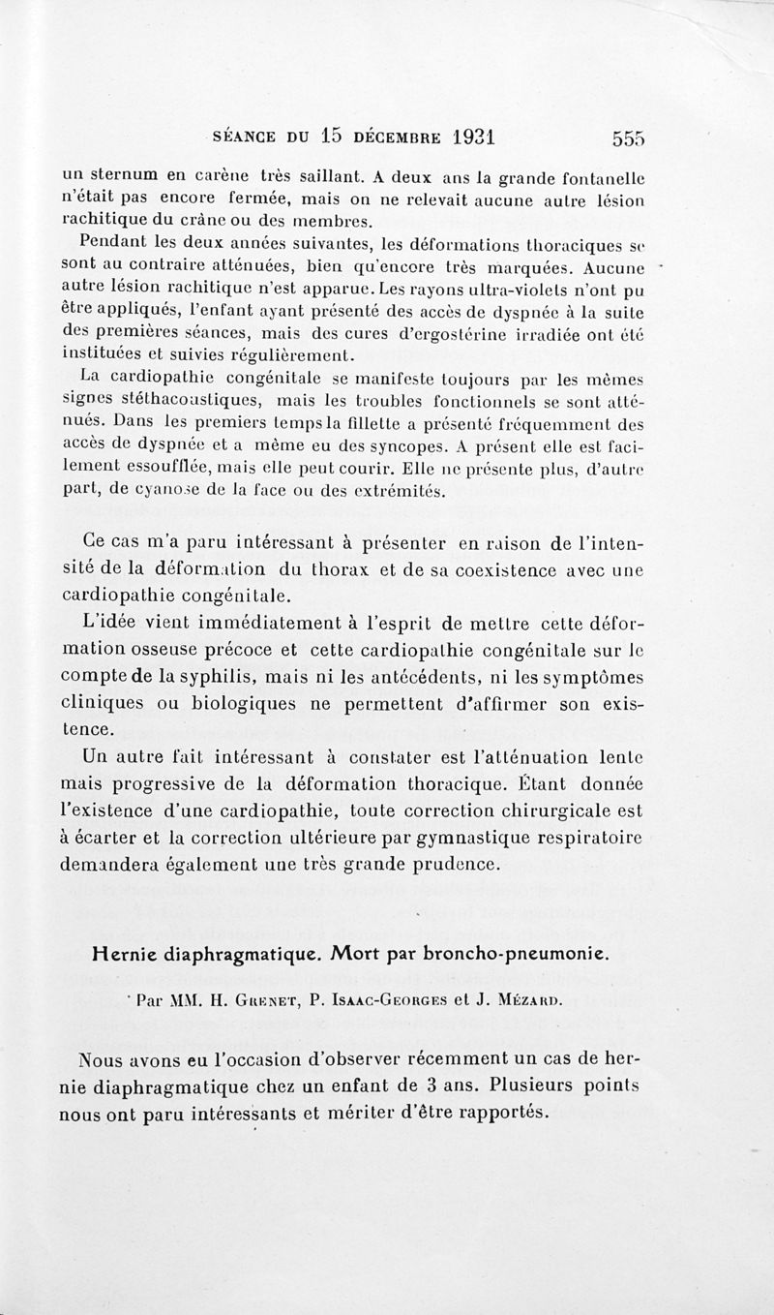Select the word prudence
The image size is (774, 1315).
point(451,863)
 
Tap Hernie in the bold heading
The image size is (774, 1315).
point(126,952)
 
